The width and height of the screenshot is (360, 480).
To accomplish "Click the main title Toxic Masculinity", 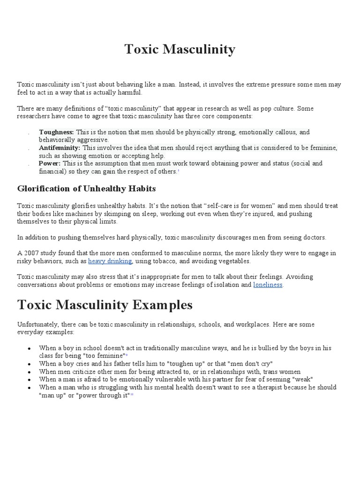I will tap(180, 49).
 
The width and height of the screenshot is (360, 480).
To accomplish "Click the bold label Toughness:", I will tap(56, 132).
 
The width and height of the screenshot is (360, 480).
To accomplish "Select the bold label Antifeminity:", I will tap(60, 148).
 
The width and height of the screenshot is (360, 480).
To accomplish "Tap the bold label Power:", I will tap(50, 164).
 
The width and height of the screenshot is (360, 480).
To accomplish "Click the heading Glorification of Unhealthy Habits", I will tap(86, 189).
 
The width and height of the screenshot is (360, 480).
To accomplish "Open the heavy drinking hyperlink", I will tap(110, 261).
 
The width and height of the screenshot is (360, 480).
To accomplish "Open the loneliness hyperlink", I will tap(268, 285).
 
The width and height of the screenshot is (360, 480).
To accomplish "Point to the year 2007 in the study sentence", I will tap(30, 253).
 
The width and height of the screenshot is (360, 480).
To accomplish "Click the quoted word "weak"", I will tap(303, 379).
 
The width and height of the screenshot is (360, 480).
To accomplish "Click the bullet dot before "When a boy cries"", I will tap(30, 364).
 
